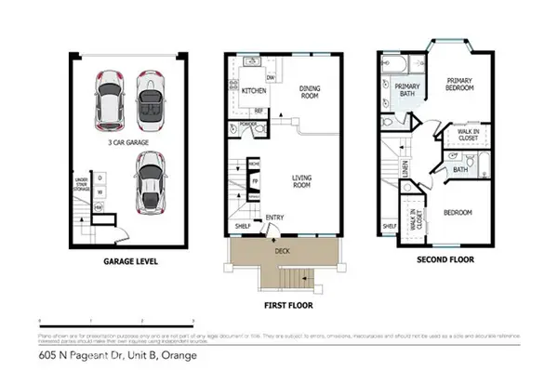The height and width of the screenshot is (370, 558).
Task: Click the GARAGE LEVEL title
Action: point(129,262)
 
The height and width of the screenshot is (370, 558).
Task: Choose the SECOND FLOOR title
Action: point(442,262)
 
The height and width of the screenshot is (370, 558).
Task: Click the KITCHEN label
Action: point(255,92)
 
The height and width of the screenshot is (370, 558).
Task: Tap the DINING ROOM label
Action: point(309,92)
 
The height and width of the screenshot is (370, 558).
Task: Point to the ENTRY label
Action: point(275,218)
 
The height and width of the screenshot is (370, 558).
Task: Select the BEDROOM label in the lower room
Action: point(458,212)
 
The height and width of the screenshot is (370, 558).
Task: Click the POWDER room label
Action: point(248,122)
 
